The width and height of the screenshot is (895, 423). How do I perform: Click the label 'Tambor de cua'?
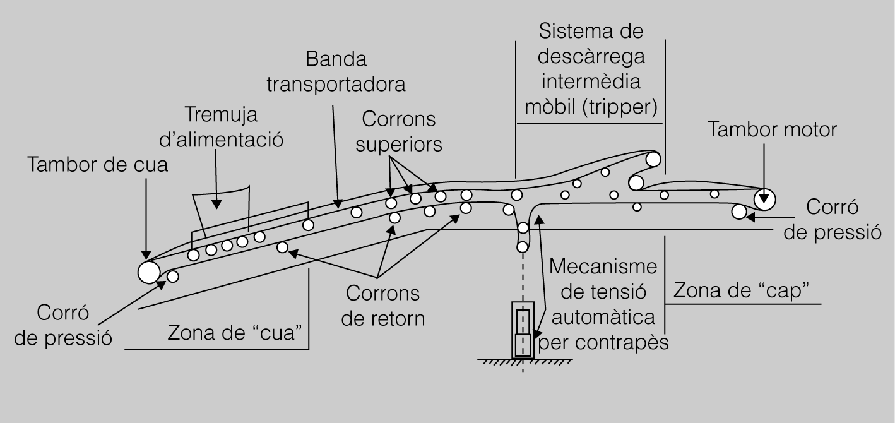tap(98, 166)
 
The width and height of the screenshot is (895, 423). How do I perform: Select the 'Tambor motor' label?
tap(772, 130)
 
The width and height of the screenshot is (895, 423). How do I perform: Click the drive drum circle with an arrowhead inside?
tap(766, 200)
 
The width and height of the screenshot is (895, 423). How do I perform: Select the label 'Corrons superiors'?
tap(398, 131)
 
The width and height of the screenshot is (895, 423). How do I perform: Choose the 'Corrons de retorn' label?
tap(382, 306)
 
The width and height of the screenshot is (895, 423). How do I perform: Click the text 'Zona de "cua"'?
tap(233, 333)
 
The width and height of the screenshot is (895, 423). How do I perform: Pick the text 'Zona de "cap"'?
tap(742, 290)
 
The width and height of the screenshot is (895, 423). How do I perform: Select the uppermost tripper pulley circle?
tap(653, 159)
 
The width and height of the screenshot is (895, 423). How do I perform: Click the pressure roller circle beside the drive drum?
tap(739, 211)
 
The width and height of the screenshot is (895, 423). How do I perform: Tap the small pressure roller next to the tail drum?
tap(172, 276)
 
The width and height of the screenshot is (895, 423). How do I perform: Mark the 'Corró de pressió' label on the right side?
tap(831, 219)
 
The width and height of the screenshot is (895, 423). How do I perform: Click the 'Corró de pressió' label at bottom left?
tap(62, 325)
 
